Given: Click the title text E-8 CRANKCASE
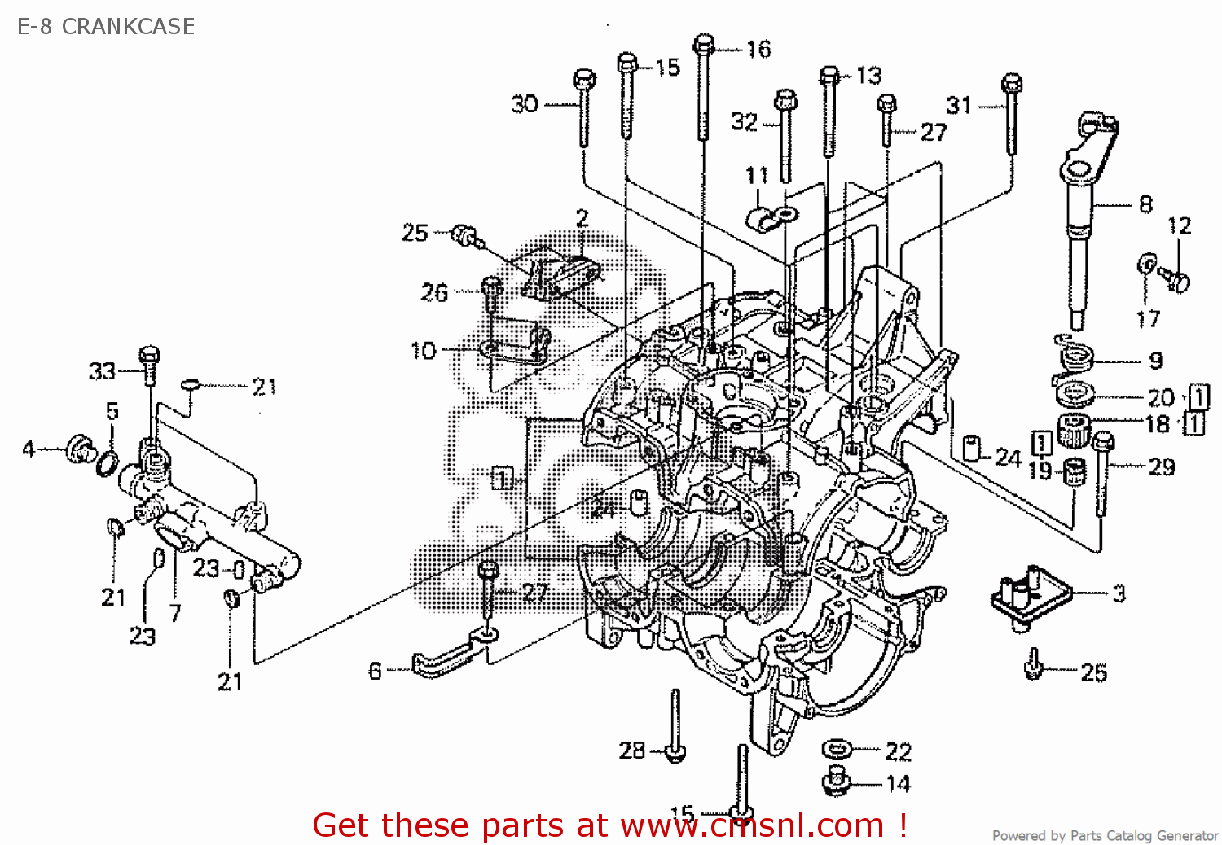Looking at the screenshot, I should point(106,26).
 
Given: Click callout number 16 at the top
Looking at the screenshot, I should point(758,50).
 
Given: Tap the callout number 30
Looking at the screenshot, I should point(525,104).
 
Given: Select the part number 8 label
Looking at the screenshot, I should point(1145,204).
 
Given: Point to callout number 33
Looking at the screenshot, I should point(102,372).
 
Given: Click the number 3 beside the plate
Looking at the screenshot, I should point(1119,593).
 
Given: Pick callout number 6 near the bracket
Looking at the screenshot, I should point(375,671).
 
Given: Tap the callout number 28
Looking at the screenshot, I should point(632,750).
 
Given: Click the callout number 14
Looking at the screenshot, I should point(898,784).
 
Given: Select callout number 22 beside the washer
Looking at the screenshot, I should point(898,751).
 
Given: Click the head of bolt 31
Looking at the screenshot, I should point(1011,82).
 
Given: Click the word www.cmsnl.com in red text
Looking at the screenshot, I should point(752,825).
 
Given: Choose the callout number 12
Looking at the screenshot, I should point(1179,225).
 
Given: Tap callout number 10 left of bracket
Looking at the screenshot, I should point(424,351).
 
